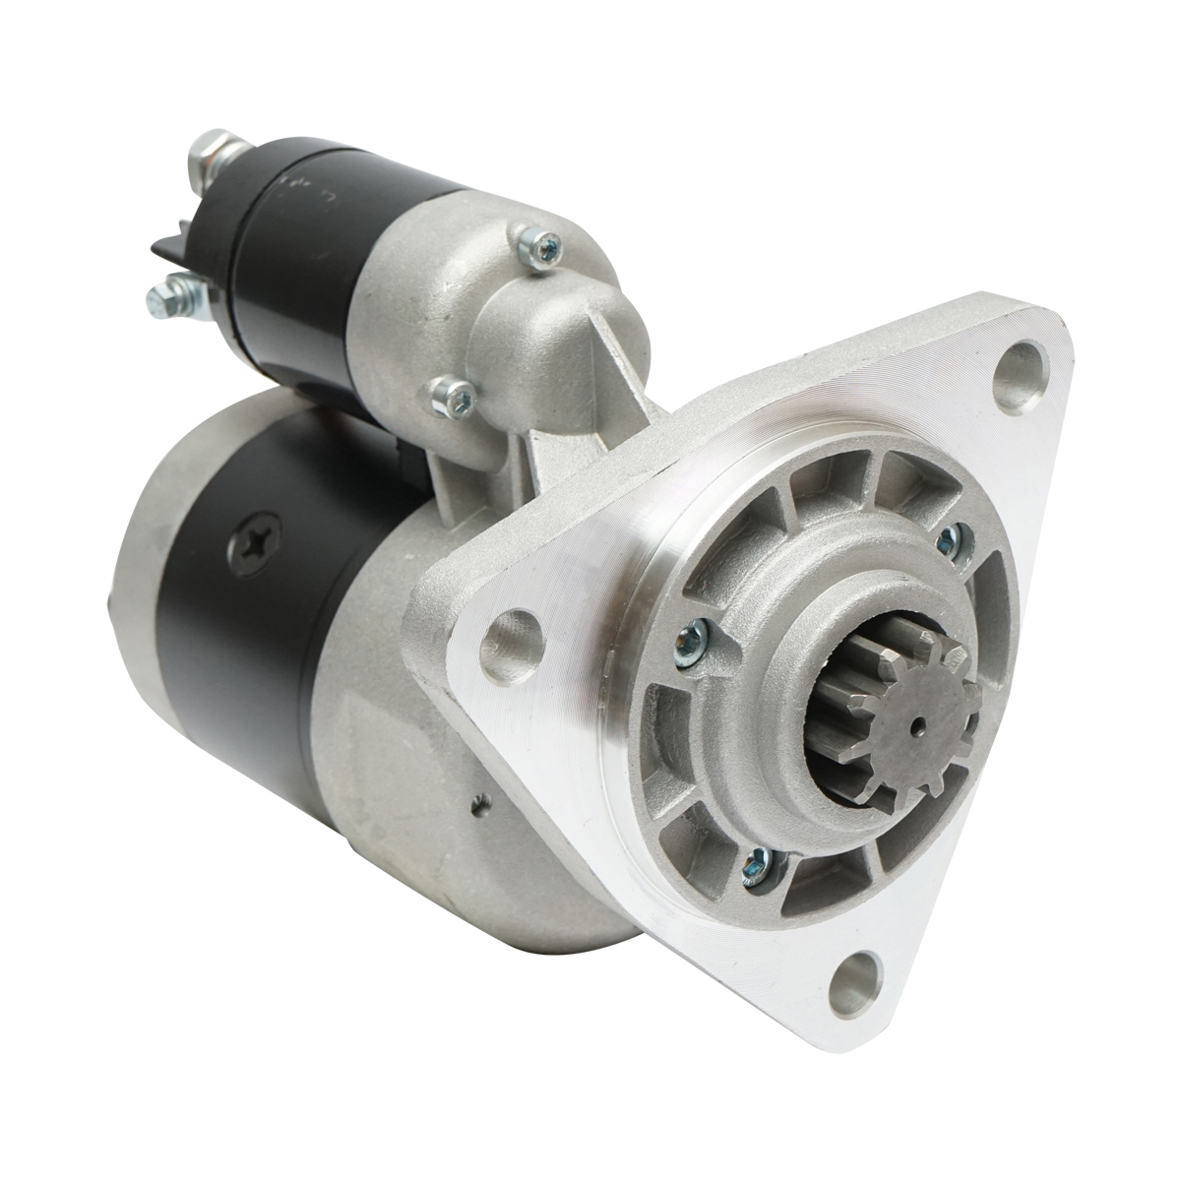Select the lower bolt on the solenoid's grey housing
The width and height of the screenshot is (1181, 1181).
[x=456, y=395]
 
